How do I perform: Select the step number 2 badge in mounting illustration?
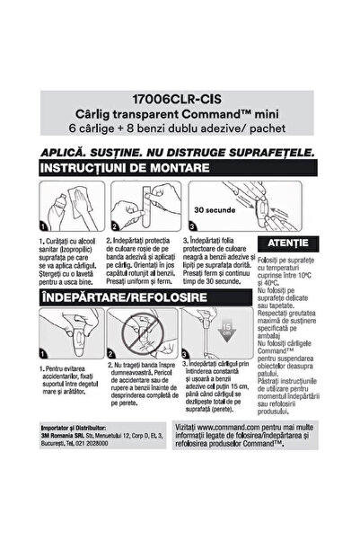[116, 227]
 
